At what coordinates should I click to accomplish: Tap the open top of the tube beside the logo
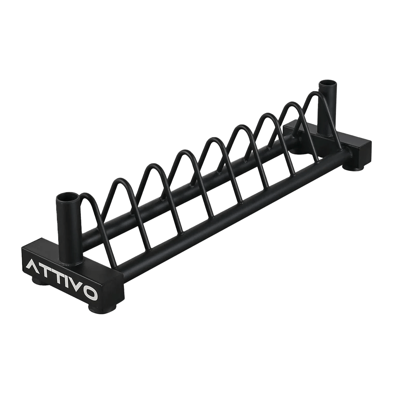(65, 198)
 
